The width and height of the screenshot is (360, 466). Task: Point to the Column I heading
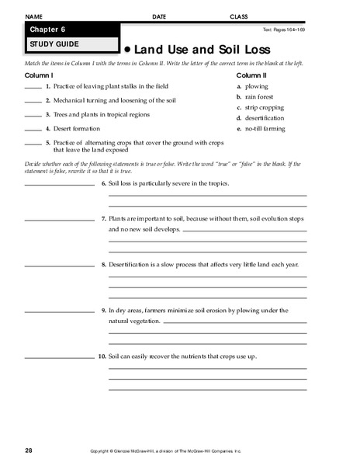tap(38, 75)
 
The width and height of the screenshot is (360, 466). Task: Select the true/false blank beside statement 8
tap(59, 266)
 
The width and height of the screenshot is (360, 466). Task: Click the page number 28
tap(29, 450)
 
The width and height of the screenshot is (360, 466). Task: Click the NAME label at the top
tap(34, 16)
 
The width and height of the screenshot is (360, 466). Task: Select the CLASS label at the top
tap(238, 16)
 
